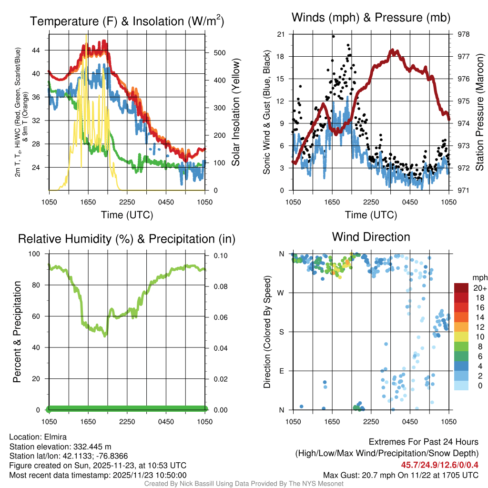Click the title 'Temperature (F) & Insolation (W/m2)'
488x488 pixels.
click(x=127, y=21)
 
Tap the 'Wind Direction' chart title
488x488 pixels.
click(x=371, y=236)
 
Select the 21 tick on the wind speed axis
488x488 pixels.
click(x=281, y=34)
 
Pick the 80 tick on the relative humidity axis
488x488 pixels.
click(x=39, y=285)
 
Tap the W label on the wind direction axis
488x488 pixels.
click(x=282, y=293)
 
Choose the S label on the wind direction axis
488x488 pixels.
click(x=282, y=332)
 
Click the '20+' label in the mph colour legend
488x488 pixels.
click(x=478, y=288)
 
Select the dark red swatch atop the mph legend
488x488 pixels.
click(x=461, y=288)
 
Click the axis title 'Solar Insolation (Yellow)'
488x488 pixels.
click(x=235, y=112)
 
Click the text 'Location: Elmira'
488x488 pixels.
click(x=38, y=437)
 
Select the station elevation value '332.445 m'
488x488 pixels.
click(x=92, y=447)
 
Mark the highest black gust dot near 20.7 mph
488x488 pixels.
click(x=334, y=36)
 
